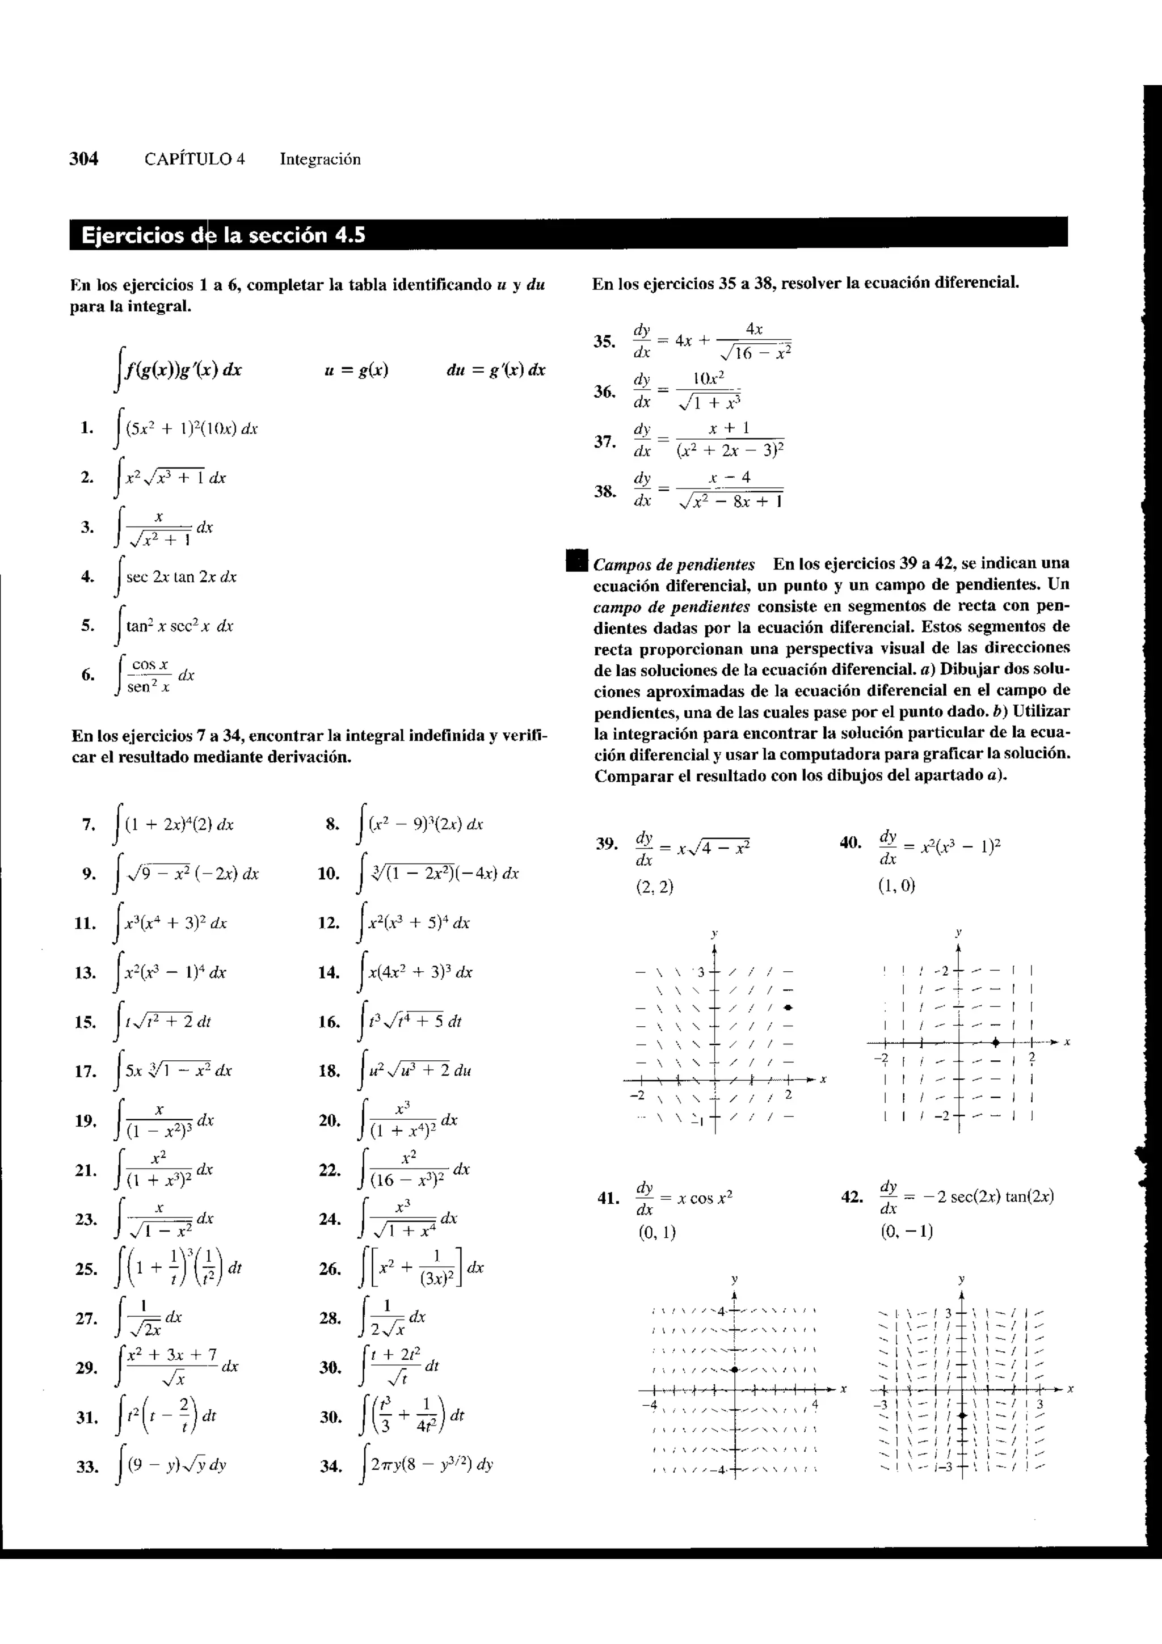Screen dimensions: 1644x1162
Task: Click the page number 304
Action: click(x=84, y=159)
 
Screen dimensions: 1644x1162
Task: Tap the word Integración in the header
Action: click(x=320, y=159)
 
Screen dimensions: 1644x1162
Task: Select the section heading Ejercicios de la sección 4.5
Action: click(x=224, y=235)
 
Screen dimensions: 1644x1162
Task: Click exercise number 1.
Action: click(x=87, y=428)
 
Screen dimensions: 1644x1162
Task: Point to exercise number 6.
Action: click(x=87, y=674)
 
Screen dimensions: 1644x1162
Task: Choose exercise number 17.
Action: click(x=85, y=1071)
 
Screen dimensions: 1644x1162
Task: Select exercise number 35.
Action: click(x=604, y=342)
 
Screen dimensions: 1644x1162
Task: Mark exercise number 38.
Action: click(x=604, y=491)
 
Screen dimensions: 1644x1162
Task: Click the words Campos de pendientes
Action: click(x=673, y=564)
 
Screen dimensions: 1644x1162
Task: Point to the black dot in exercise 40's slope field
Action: click(x=996, y=1042)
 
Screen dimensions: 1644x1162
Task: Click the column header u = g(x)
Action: click(x=356, y=370)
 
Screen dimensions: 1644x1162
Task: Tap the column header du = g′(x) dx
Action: click(x=495, y=370)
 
